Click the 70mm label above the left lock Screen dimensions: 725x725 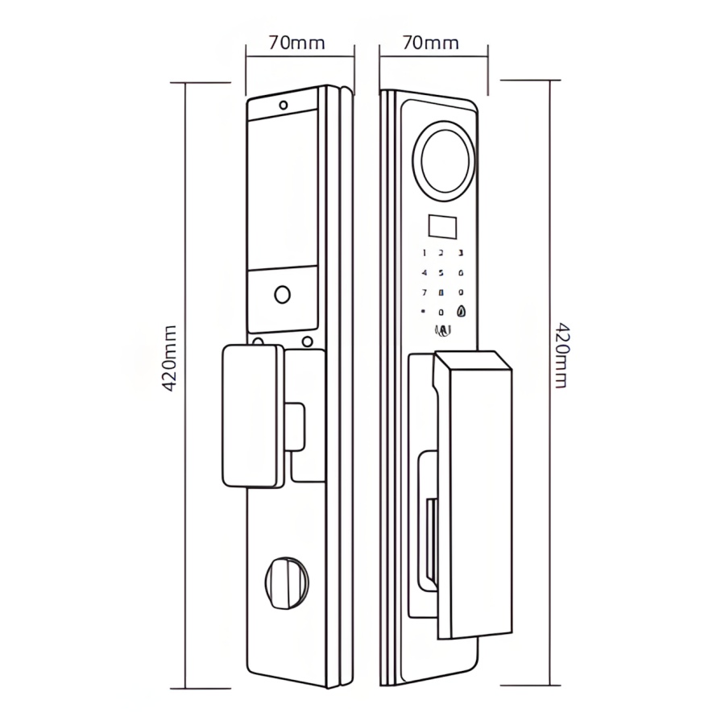(x=297, y=43)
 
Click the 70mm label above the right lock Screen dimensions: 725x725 (x=431, y=43)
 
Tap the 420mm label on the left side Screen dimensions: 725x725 (x=170, y=358)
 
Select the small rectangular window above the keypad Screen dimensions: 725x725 (x=441, y=227)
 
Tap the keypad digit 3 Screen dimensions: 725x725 (x=461, y=253)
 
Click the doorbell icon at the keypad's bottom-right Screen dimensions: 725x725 (x=461, y=312)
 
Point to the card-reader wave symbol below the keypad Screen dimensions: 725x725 (x=442, y=329)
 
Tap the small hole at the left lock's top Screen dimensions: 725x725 (x=283, y=105)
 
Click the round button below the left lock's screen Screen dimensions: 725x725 (x=282, y=294)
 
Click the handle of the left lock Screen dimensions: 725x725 (x=252, y=415)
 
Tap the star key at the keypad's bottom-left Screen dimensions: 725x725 (x=423, y=312)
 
